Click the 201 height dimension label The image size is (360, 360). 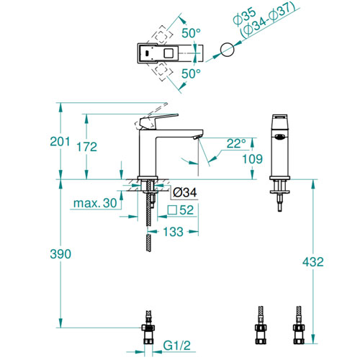(x=60, y=141)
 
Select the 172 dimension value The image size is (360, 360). (x=86, y=147)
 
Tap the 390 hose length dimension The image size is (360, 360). (x=60, y=254)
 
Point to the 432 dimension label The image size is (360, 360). (x=313, y=261)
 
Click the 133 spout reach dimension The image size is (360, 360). (x=173, y=232)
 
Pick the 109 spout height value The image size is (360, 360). (x=252, y=159)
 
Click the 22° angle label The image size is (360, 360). (x=236, y=143)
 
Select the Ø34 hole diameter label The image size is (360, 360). (x=185, y=192)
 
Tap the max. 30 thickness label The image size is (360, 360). (x=95, y=203)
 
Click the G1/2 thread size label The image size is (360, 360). (x=177, y=346)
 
